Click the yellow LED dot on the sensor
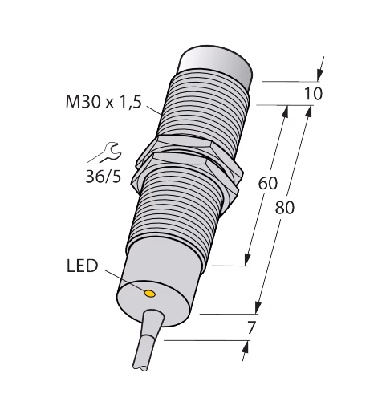(150, 294)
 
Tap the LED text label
(83, 266)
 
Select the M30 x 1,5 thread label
(104, 102)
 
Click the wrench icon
(104, 152)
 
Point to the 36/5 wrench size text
(104, 177)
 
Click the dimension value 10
(313, 94)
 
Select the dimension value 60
(268, 183)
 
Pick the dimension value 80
(285, 208)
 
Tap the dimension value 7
(251, 327)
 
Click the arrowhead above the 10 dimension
(319, 75)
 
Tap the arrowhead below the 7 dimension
(245, 347)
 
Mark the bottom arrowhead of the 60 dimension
(248, 260)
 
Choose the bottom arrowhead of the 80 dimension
(258, 308)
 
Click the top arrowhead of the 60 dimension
(286, 112)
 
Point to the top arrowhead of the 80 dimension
(309, 112)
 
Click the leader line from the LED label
(125, 281)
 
